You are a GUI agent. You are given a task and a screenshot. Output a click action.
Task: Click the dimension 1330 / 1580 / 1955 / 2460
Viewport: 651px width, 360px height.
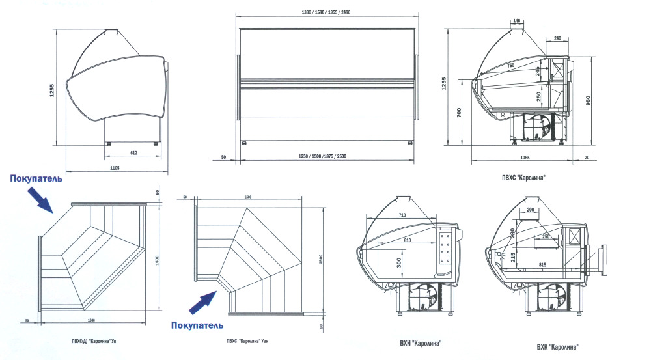(326, 12)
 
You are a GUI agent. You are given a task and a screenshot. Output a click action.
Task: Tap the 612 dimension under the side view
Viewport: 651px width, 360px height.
(133, 152)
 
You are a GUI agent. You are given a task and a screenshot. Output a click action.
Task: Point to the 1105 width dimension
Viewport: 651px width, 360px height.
(115, 168)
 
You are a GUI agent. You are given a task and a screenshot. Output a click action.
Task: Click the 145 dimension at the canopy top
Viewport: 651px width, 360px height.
(517, 21)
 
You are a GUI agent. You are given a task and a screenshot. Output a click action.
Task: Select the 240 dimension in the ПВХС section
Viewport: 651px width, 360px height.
(557, 38)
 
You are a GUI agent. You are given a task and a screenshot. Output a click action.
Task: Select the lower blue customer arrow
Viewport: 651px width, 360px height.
(202, 301)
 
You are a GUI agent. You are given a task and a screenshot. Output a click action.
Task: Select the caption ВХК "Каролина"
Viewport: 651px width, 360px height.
(558, 347)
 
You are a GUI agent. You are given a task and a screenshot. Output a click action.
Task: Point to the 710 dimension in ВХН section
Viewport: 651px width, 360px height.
(402, 215)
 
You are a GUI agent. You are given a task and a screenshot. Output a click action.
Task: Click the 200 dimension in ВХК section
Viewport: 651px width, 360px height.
(531, 210)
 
